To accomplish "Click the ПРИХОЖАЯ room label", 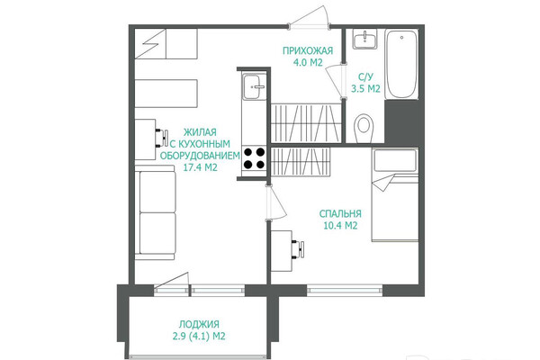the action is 308,50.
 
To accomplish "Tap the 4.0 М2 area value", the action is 308,63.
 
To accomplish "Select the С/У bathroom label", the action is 365,76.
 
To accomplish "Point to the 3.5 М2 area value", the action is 365,88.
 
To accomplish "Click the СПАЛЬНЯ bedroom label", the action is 340,213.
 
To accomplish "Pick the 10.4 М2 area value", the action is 340,226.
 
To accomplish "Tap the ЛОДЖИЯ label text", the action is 199,324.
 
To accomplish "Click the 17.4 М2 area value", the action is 200,167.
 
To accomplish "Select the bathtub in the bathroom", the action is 401,64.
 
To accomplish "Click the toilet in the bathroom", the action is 364,127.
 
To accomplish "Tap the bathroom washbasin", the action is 364,40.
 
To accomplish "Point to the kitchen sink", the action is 254,86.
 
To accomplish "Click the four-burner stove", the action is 254,158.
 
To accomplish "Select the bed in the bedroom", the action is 395,194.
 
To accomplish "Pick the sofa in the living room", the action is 155,212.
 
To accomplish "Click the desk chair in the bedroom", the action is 299,249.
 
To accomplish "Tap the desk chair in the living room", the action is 162,138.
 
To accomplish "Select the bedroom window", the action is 345,291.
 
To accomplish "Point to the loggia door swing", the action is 172,280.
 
